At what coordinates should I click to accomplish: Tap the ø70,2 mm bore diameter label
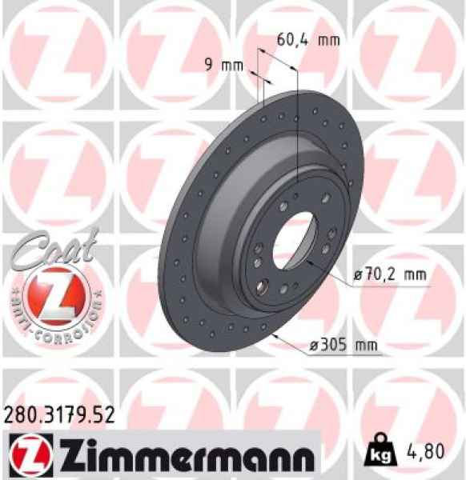point(388,275)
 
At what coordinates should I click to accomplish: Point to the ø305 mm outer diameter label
point(343,346)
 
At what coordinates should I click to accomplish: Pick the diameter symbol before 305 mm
point(313,346)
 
